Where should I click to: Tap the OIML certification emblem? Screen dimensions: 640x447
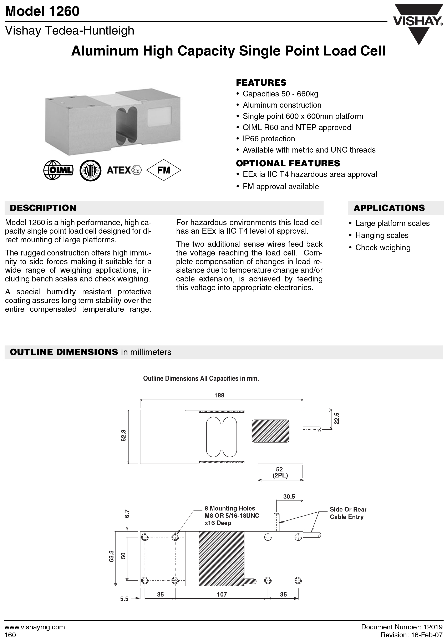tap(58, 170)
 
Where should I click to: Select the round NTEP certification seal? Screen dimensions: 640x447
tap(90, 170)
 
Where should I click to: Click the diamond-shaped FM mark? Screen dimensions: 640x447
tap(164, 170)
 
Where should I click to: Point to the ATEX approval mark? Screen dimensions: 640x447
tap(124, 170)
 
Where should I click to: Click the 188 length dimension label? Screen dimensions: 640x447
tap(219, 395)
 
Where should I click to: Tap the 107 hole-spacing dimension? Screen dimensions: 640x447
tap(222, 594)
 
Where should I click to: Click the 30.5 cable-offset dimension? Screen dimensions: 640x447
tap(289, 496)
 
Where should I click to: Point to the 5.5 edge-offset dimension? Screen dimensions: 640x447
tap(124, 599)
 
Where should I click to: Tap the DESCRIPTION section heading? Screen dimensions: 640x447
tap(43, 208)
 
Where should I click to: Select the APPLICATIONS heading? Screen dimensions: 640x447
tap(389, 208)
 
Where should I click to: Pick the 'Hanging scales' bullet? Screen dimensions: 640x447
tap(381, 235)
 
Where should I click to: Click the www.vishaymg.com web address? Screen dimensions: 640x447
tap(35, 627)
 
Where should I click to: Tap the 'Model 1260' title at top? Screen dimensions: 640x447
tap(42, 11)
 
